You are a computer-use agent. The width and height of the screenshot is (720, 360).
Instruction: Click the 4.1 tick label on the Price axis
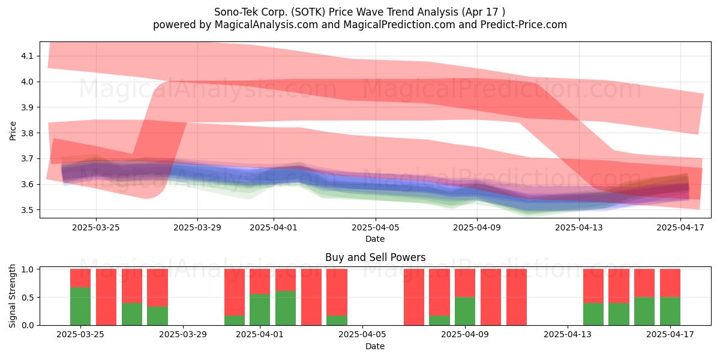coord(27,56)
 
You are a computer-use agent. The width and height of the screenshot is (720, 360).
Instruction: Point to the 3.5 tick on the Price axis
coord(27,210)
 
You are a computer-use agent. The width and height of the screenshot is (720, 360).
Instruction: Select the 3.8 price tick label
coord(27,133)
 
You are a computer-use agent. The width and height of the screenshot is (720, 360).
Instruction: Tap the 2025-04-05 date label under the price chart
coord(376,227)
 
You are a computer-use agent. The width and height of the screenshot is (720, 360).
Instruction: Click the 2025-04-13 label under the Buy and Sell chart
coord(568,335)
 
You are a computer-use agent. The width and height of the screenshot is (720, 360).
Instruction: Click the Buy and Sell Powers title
coord(376,257)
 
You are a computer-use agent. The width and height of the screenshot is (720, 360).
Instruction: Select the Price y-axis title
coord(13,131)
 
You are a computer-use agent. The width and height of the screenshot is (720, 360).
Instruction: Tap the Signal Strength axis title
coord(12,296)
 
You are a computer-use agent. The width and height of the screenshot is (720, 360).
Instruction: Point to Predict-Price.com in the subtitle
coord(524,25)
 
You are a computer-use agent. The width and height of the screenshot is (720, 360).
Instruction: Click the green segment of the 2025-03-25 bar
coord(80,306)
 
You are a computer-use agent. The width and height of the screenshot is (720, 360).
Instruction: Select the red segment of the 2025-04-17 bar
coord(670,283)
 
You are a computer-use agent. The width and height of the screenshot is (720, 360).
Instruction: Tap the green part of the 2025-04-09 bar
coord(465,311)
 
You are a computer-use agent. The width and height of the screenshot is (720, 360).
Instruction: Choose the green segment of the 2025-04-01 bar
coord(260,310)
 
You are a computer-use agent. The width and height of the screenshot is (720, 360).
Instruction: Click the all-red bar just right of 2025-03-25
coord(106,297)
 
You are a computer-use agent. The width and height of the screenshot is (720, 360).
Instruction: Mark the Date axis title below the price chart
coord(375,239)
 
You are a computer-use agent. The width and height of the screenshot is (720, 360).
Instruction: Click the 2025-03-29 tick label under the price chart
coord(197,227)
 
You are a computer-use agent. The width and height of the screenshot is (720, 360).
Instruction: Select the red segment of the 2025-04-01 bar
coord(260,281)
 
